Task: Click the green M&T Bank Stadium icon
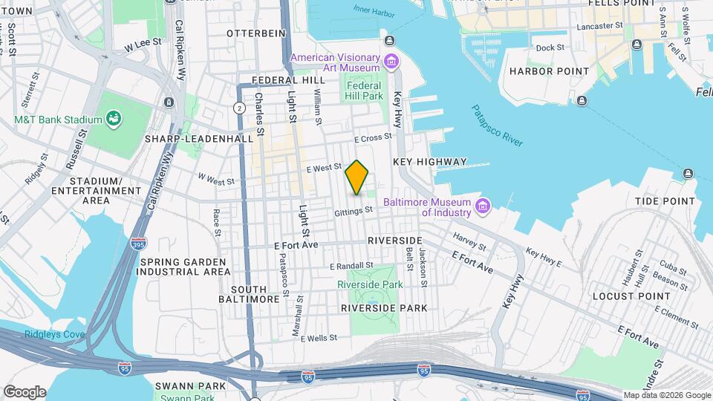tap(114, 118)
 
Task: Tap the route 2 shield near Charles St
tap(239, 108)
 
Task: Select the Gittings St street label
tap(353, 212)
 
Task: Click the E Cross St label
tap(372, 138)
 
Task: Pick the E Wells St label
tap(319, 337)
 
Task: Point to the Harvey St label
tap(469, 243)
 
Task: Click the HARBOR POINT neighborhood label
tap(549, 71)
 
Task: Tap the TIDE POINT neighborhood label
tap(663, 201)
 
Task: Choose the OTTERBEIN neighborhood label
tap(256, 33)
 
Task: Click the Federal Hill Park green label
tap(364, 91)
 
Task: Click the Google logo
tap(25, 392)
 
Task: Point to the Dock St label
tap(550, 48)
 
